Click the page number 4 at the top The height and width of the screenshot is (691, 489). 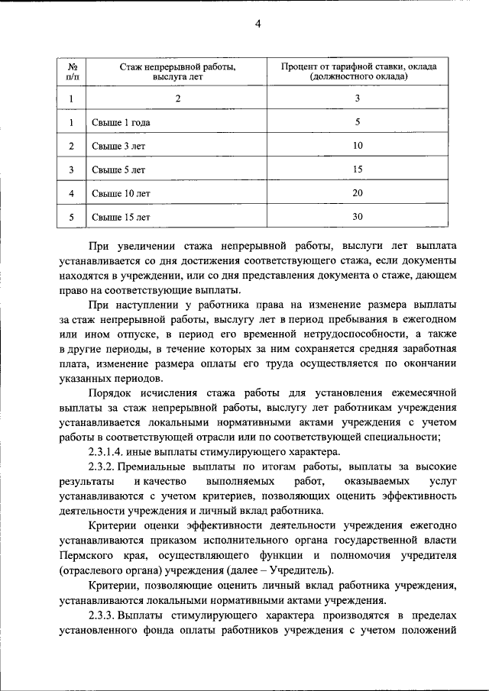tap(257, 24)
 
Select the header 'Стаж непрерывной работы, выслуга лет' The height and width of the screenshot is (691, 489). tap(177, 72)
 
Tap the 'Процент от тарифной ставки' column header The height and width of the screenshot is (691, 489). tap(358, 72)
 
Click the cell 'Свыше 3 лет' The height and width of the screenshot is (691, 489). tap(113, 146)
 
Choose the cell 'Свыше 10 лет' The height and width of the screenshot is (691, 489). tap(115, 193)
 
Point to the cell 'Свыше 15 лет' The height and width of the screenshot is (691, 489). tap(115, 217)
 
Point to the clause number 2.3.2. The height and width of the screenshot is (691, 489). tap(104, 467)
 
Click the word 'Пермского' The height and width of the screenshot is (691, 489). tap(90, 555)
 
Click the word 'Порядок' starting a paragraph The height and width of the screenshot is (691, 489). tap(109, 393)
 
